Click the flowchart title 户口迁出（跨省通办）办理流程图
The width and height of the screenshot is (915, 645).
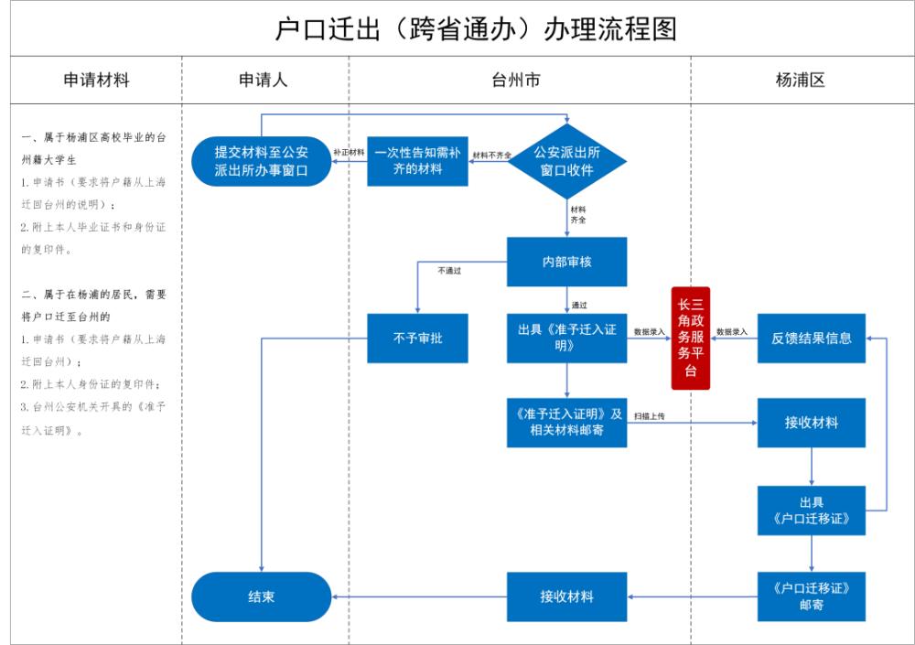click(x=476, y=28)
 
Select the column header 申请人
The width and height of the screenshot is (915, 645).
click(x=264, y=80)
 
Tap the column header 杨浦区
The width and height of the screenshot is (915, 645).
click(x=801, y=80)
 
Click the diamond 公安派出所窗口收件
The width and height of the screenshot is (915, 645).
click(x=567, y=162)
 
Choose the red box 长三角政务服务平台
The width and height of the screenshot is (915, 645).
click(x=691, y=338)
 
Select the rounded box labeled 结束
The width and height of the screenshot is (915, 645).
click(x=261, y=597)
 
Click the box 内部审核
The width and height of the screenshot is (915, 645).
click(x=567, y=262)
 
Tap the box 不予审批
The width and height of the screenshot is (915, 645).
click(x=417, y=338)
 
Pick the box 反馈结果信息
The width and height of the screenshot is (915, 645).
click(x=812, y=338)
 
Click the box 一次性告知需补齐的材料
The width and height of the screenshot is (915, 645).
click(x=417, y=161)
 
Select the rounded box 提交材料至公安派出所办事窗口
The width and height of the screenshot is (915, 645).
click(x=261, y=161)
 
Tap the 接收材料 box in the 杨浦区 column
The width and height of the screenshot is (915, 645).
click(x=812, y=423)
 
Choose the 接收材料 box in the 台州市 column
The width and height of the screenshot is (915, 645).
click(x=567, y=597)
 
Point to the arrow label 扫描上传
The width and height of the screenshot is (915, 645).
click(x=649, y=416)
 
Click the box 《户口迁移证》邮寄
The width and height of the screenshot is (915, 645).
click(x=812, y=597)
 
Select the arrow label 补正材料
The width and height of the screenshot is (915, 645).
click(x=349, y=152)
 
